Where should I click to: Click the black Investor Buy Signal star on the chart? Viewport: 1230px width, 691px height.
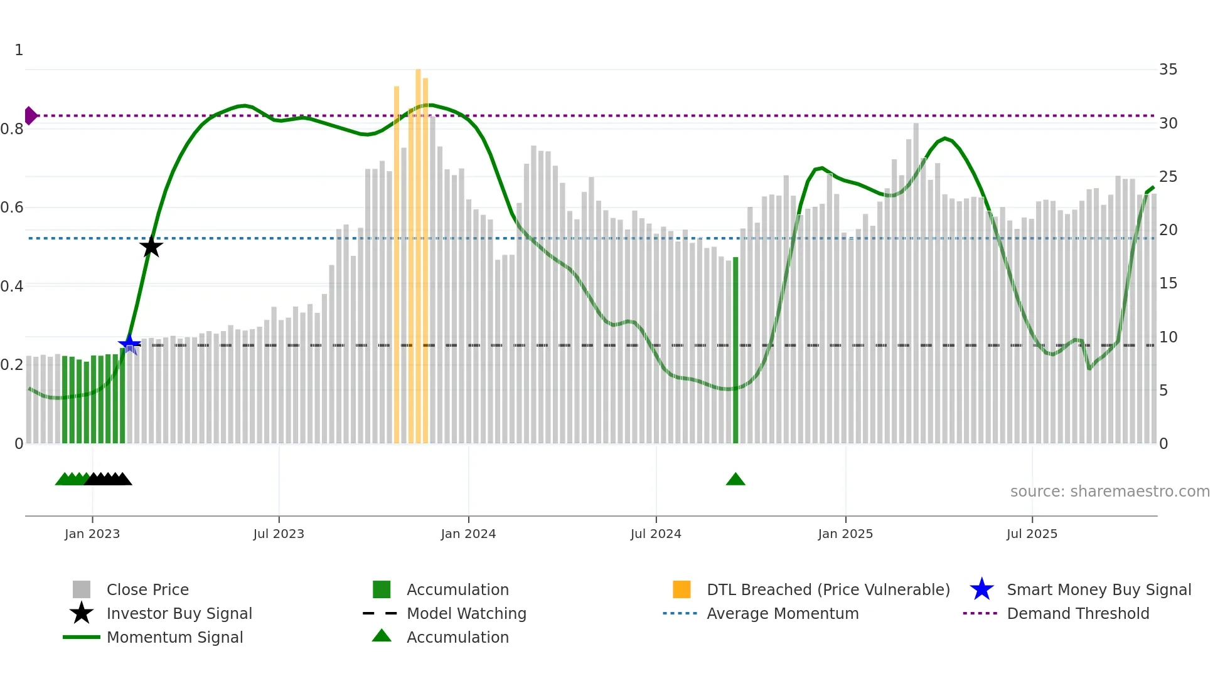click(x=151, y=246)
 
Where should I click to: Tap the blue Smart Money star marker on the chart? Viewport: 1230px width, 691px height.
click(x=129, y=344)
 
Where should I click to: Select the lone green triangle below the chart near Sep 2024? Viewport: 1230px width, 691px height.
click(x=735, y=480)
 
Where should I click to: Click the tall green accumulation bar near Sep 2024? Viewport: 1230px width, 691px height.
click(x=735, y=351)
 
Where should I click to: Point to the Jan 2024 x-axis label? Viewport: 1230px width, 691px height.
click(x=468, y=534)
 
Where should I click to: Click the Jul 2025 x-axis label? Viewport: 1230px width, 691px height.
click(x=1032, y=534)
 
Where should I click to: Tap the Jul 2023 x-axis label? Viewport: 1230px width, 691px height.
click(x=279, y=534)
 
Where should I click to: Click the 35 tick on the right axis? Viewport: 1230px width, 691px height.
click(x=1168, y=70)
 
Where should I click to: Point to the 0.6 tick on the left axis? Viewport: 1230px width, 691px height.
click(x=13, y=208)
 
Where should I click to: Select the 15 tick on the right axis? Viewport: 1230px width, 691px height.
click(x=1168, y=283)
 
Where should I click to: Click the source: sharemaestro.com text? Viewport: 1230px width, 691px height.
click(x=1110, y=492)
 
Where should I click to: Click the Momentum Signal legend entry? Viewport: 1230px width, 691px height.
click(x=174, y=638)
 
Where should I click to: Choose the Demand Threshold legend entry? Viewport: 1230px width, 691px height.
click(x=1078, y=614)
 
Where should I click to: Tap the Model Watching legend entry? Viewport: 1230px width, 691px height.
click(x=466, y=614)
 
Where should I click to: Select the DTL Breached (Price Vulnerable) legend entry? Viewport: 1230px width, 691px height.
click(x=828, y=590)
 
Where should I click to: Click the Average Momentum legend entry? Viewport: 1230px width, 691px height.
click(x=783, y=614)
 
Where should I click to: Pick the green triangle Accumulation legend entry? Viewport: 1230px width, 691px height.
click(x=457, y=638)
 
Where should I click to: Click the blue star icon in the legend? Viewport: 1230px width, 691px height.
click(x=981, y=589)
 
